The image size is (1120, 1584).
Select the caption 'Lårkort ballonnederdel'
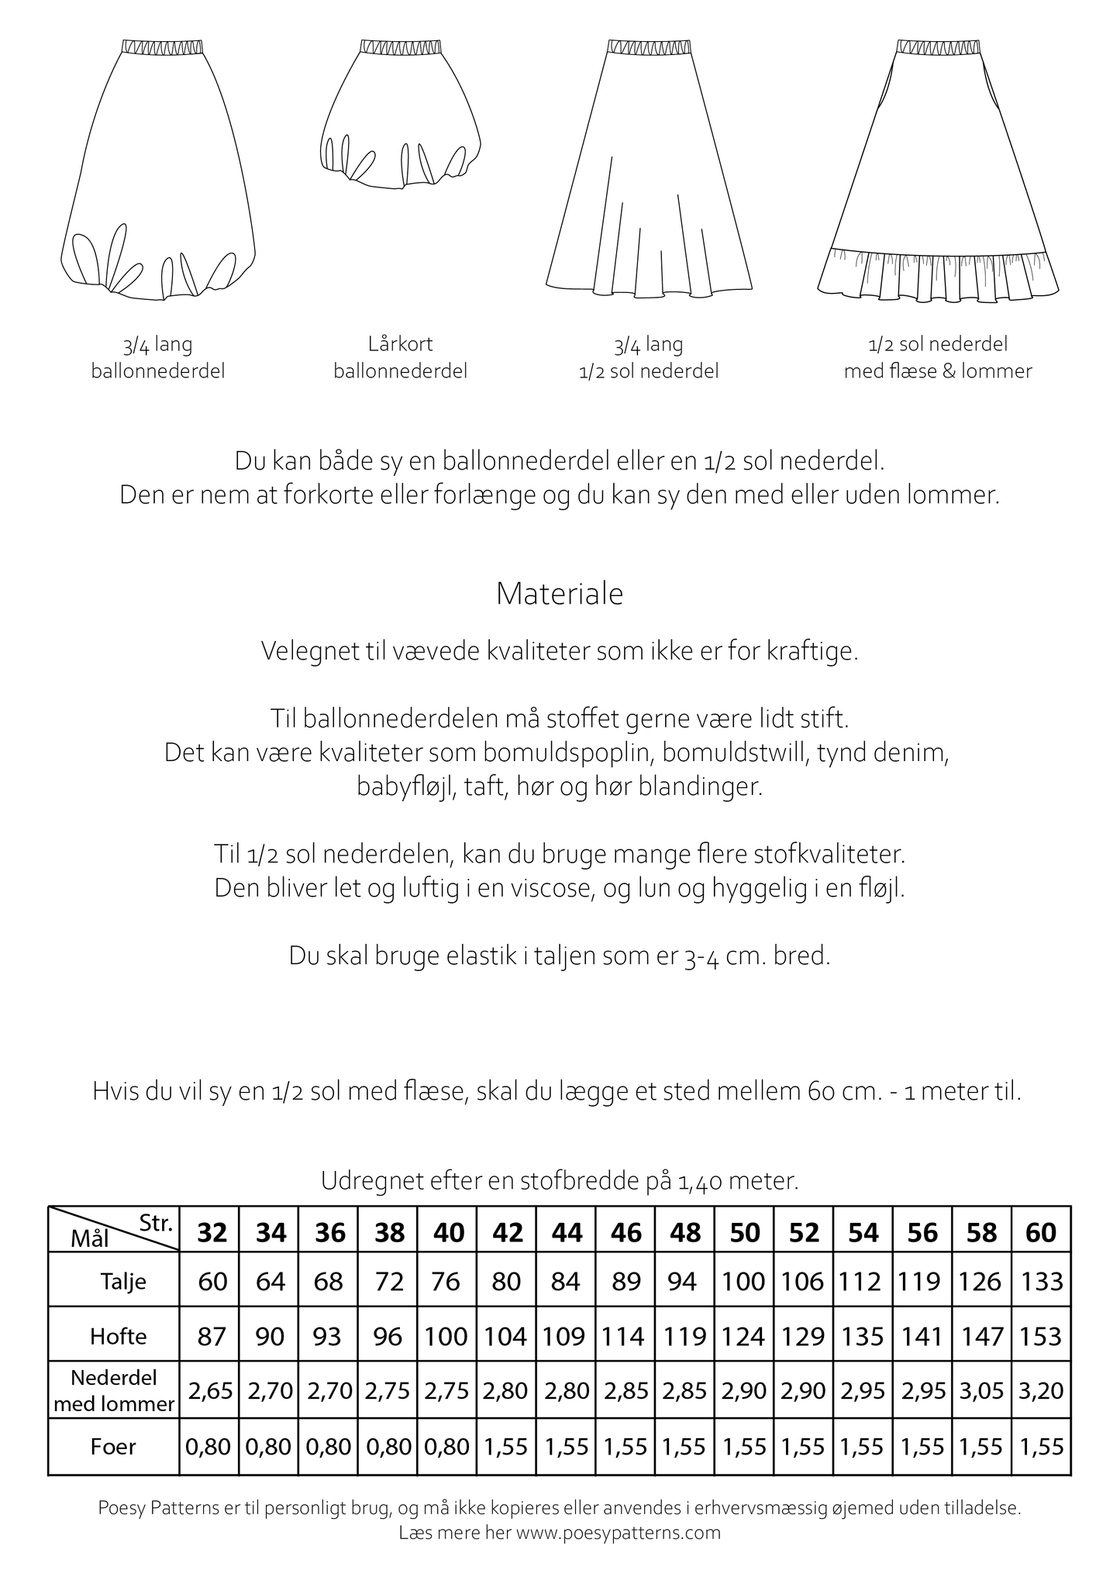tap(400, 357)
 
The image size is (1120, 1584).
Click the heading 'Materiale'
tap(560, 594)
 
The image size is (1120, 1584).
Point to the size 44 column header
tap(567, 1232)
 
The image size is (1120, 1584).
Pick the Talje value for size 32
tap(212, 1281)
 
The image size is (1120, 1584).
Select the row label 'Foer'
tap(113, 1446)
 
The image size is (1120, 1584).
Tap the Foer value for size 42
tap(507, 1446)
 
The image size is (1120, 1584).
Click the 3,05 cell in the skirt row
tap(982, 1391)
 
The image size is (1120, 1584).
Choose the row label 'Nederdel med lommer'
tap(114, 1391)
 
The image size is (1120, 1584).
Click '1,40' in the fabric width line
tap(701, 1181)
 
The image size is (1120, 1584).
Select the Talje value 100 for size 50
tap(744, 1281)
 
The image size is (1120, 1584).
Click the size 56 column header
tap(922, 1232)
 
